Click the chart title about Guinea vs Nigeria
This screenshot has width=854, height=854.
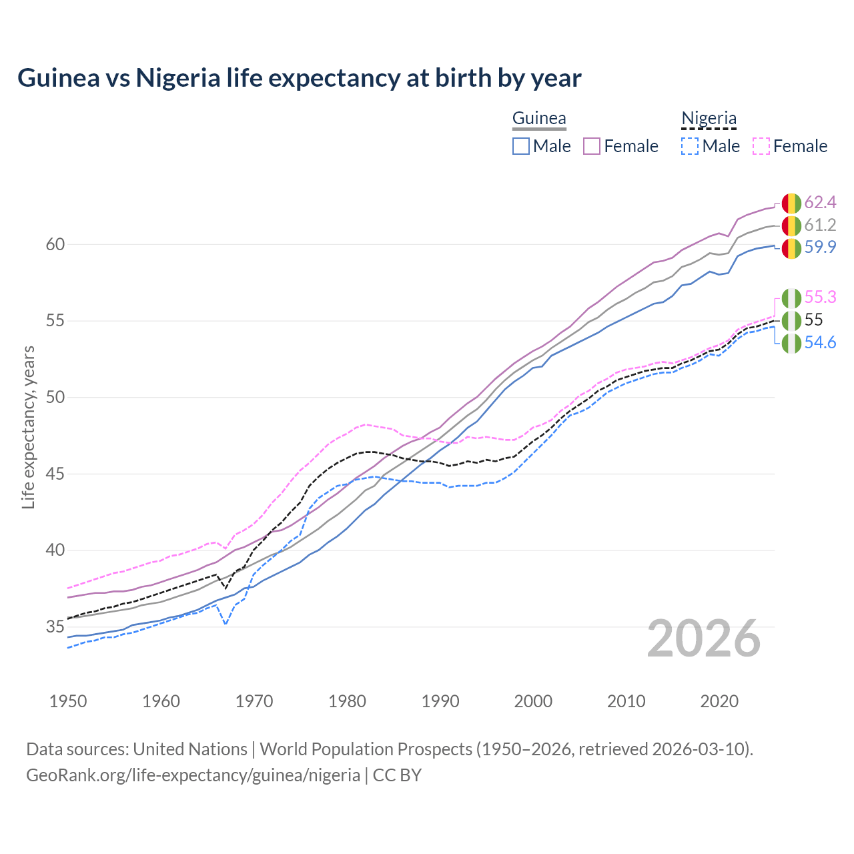point(299,78)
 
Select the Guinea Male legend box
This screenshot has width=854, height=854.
point(521,146)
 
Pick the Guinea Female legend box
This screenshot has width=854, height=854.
point(592,146)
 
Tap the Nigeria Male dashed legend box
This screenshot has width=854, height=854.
point(690,146)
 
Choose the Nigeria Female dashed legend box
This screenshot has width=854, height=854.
point(761,146)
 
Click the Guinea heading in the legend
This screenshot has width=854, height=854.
point(539,119)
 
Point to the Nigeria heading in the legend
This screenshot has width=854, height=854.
point(709,119)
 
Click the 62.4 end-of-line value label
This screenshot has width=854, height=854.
point(820,202)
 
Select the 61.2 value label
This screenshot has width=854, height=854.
point(820,225)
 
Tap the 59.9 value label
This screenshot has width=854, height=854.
point(820,248)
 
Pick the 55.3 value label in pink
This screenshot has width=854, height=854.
point(820,297)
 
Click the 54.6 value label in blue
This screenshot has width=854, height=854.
point(820,343)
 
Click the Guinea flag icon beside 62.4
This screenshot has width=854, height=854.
point(791,203)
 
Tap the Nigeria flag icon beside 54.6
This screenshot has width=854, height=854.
point(791,344)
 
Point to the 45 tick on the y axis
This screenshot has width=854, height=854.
point(55,474)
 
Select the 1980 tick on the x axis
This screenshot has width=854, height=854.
point(347,701)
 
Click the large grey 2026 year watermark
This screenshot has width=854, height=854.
point(704,638)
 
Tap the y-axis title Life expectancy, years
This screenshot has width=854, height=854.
point(29,427)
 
